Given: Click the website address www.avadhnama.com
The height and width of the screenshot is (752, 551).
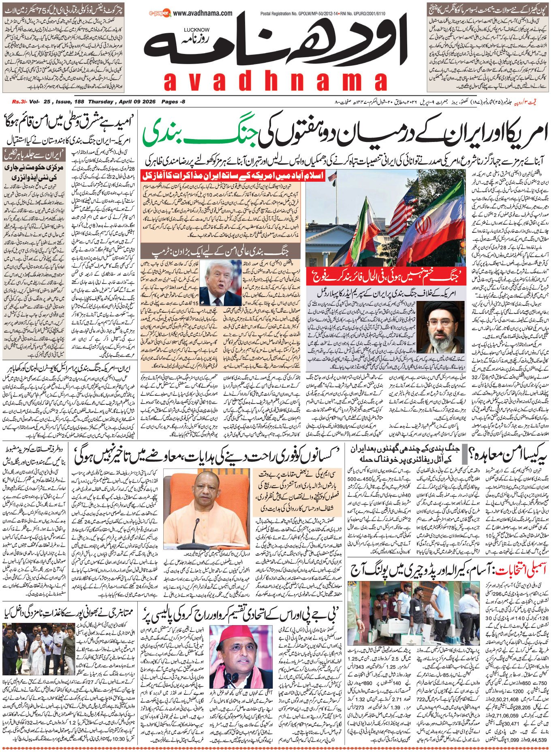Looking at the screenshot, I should click(204, 13).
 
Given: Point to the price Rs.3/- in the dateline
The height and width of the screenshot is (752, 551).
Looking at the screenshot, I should click(19, 102).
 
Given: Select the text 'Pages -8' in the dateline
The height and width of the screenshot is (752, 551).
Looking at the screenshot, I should click(173, 102).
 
